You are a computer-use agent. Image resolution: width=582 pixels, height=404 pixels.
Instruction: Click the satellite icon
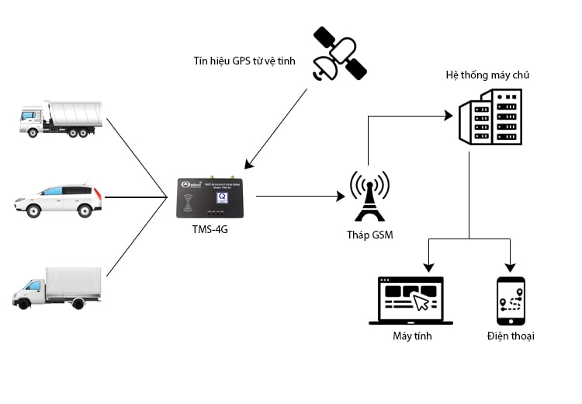[338, 54]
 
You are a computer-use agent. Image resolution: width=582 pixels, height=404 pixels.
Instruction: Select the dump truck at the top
[60, 119]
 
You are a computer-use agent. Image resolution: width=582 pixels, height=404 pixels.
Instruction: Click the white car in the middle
[58, 200]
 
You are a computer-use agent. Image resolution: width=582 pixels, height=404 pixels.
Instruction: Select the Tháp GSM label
[369, 235]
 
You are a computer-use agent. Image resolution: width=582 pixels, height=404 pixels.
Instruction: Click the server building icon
[489, 117]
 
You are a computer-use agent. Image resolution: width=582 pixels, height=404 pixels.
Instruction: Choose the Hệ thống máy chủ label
[487, 75]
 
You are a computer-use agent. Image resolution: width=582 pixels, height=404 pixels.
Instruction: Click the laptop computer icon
[411, 301]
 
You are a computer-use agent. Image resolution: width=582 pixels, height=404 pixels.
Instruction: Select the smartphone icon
[511, 301]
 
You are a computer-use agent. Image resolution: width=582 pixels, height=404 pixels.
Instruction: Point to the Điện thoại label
[511, 336]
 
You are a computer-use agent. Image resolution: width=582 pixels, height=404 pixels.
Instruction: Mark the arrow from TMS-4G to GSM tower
[300, 196]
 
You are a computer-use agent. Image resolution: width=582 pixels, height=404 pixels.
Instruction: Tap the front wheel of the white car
[34, 210]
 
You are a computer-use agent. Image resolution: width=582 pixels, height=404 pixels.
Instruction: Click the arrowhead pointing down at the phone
[511, 266]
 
